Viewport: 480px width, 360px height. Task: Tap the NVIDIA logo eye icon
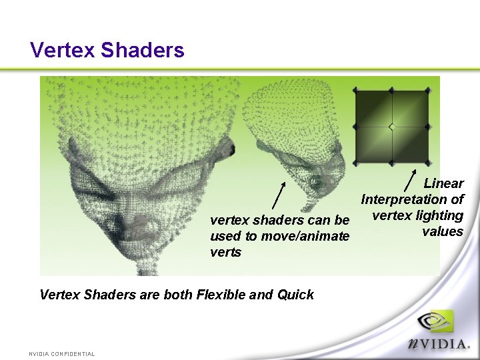point(435,322)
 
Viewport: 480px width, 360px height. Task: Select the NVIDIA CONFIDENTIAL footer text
point(61,354)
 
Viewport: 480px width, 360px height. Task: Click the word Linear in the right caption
point(443,183)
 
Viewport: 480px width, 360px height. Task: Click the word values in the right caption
point(442,232)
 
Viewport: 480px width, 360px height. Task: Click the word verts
point(225,253)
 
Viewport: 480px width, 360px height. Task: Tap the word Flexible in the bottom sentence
point(222,295)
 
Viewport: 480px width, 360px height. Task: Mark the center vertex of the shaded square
point(392,127)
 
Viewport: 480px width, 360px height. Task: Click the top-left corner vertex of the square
point(356,90)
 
